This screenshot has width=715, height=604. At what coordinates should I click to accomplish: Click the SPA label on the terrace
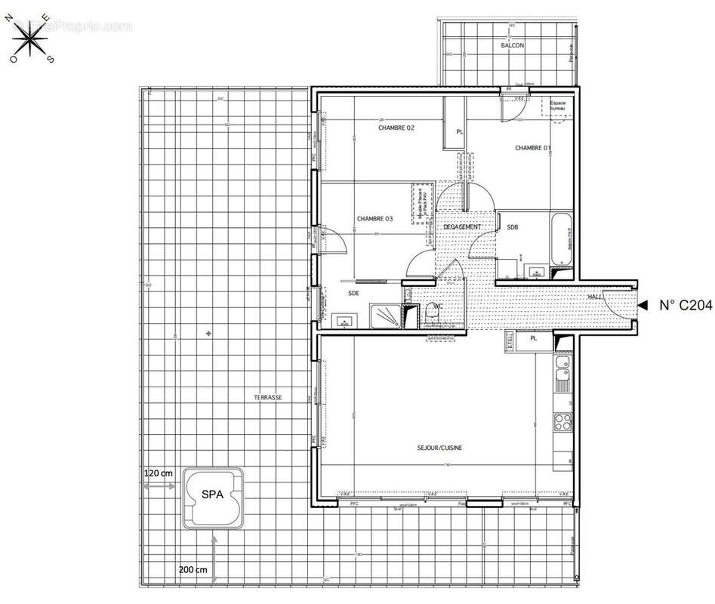tap(212, 495)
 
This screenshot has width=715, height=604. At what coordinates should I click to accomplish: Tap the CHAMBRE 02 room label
tap(396, 128)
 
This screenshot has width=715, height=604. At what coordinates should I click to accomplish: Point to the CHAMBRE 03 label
tap(374, 219)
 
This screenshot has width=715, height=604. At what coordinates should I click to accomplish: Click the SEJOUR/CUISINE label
tap(439, 448)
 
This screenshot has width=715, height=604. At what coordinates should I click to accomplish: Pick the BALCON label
tap(513, 46)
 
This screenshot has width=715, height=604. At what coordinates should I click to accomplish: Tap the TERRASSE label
tap(267, 397)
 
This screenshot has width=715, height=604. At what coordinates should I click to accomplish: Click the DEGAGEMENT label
tap(462, 226)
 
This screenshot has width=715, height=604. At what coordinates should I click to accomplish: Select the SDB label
tap(513, 227)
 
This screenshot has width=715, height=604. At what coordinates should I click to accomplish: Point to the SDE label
tap(353, 293)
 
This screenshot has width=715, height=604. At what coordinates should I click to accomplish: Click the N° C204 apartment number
tap(684, 306)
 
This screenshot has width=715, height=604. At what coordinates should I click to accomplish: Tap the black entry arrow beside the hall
tap(643, 305)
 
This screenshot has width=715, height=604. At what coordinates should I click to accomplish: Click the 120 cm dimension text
tap(159, 473)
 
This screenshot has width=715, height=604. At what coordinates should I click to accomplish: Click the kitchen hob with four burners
tap(562, 423)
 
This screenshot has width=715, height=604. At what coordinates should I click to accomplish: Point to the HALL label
tap(596, 297)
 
